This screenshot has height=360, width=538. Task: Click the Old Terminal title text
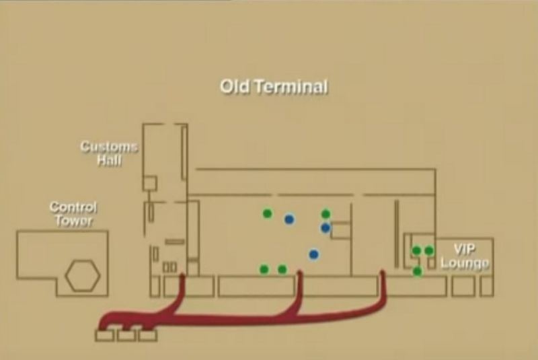pyautogui.click(x=274, y=87)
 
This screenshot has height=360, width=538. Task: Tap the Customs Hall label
pyautogui.click(x=109, y=153)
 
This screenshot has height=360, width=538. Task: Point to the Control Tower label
pyautogui.click(x=73, y=214)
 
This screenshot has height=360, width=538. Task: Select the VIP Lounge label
pyautogui.click(x=465, y=256)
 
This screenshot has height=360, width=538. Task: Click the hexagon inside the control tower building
pyautogui.click(x=83, y=276)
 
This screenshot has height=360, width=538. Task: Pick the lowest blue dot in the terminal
pyautogui.click(x=313, y=254)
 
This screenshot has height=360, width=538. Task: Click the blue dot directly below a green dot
pyautogui.click(x=325, y=227)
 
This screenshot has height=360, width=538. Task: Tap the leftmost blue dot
pyautogui.click(x=289, y=219)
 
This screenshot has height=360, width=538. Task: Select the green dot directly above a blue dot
pyautogui.click(x=325, y=214)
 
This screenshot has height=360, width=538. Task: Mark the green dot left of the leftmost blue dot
pyautogui.click(x=267, y=213)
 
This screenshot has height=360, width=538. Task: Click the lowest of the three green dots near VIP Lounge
pyautogui.click(x=417, y=271)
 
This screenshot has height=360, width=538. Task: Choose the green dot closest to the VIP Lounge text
pyautogui.click(x=429, y=250)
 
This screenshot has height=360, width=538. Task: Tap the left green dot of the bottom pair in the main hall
pyautogui.click(x=264, y=269)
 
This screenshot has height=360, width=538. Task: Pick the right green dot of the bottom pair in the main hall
pyautogui.click(x=282, y=269)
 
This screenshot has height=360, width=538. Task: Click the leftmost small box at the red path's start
pyautogui.click(x=105, y=335)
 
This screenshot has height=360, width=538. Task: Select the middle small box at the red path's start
pyautogui.click(x=126, y=335)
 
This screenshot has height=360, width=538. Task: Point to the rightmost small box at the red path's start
pyautogui.click(x=148, y=335)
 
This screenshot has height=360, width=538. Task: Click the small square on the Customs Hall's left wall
pyautogui.click(x=149, y=183)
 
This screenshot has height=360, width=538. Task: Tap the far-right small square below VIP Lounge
pyautogui.click(x=486, y=286)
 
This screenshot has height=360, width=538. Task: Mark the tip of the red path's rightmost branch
pyautogui.click(x=382, y=272)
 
